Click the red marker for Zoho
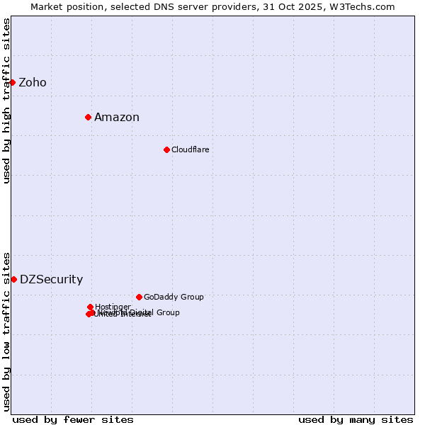12,82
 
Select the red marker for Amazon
88,117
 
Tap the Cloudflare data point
166,149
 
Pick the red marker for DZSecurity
13,279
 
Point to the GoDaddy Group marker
139,297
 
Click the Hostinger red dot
90,307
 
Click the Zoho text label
33,83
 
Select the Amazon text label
117,118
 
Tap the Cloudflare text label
191,149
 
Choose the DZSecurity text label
51,280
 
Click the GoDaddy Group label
174,297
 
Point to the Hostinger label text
113,307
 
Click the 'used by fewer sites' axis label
73,419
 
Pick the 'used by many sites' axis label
356,419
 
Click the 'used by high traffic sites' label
7,101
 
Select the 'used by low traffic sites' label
7,331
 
